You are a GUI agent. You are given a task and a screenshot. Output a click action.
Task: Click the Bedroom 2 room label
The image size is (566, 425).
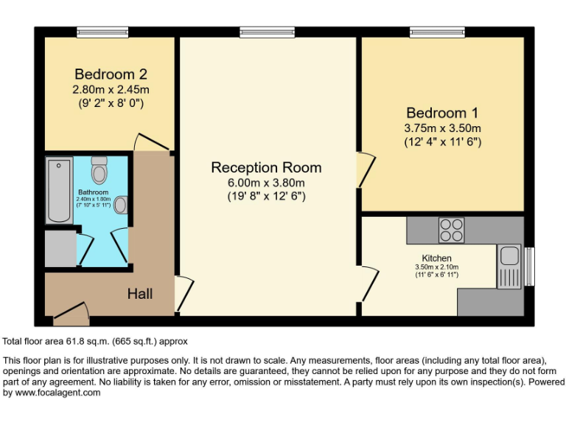[x=111, y=75]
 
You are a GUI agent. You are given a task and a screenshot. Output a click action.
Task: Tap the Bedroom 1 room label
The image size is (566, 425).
[x=442, y=113]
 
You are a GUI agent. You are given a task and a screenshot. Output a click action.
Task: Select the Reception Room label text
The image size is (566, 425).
[x=266, y=167]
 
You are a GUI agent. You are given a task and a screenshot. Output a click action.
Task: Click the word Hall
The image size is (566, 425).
[x=140, y=294]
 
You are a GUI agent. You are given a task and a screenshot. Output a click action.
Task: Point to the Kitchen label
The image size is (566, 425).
[x=436, y=258]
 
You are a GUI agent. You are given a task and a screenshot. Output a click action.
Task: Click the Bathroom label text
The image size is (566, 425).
[x=94, y=193]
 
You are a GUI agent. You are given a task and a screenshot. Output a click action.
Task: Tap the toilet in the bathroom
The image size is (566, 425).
[x=99, y=170]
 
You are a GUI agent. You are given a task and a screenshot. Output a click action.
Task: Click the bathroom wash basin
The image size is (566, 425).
[x=122, y=204]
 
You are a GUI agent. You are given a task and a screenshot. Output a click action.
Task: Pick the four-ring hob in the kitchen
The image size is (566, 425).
[x=451, y=230]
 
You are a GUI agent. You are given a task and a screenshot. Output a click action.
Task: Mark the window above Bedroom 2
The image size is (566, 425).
[x=104, y=32]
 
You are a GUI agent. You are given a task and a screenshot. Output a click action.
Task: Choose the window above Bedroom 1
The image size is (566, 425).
[x=437, y=32]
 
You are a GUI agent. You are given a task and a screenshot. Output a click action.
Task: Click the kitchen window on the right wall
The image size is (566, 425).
[x=529, y=265]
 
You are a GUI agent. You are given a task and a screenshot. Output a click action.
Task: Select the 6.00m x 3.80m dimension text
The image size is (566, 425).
[x=266, y=183]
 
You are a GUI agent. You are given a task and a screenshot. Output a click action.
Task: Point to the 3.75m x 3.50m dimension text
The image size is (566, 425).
[x=442, y=128]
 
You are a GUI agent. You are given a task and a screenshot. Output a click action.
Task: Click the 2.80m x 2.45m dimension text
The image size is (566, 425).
[x=111, y=90]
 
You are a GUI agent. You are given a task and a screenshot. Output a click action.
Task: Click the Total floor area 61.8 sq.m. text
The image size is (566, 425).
[x=94, y=341]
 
